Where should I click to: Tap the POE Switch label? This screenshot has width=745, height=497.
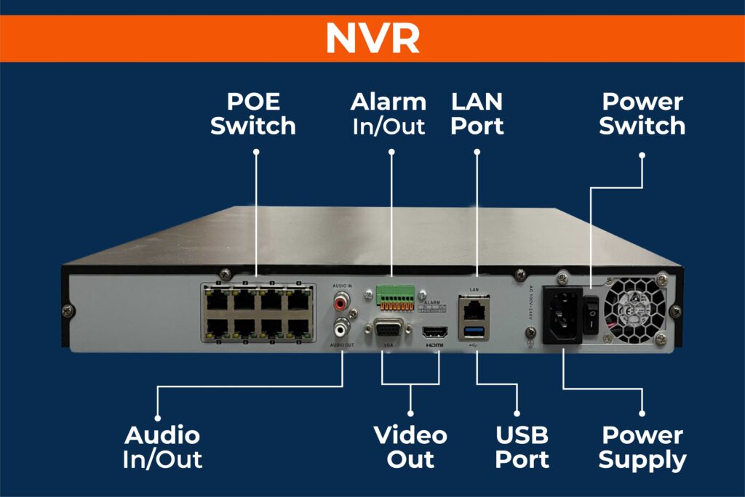(x=253, y=113)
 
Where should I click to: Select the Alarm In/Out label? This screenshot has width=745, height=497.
(x=389, y=113)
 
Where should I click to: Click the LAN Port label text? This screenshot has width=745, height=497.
(x=477, y=113)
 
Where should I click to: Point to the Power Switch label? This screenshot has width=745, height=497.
(x=642, y=113)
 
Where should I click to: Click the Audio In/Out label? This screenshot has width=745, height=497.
(x=162, y=447)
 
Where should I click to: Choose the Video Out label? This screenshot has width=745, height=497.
(x=410, y=447)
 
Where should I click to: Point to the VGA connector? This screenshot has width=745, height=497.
(x=386, y=330)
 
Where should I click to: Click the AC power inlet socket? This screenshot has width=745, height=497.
(x=563, y=315)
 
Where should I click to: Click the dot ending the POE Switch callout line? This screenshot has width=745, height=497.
(x=256, y=152)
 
